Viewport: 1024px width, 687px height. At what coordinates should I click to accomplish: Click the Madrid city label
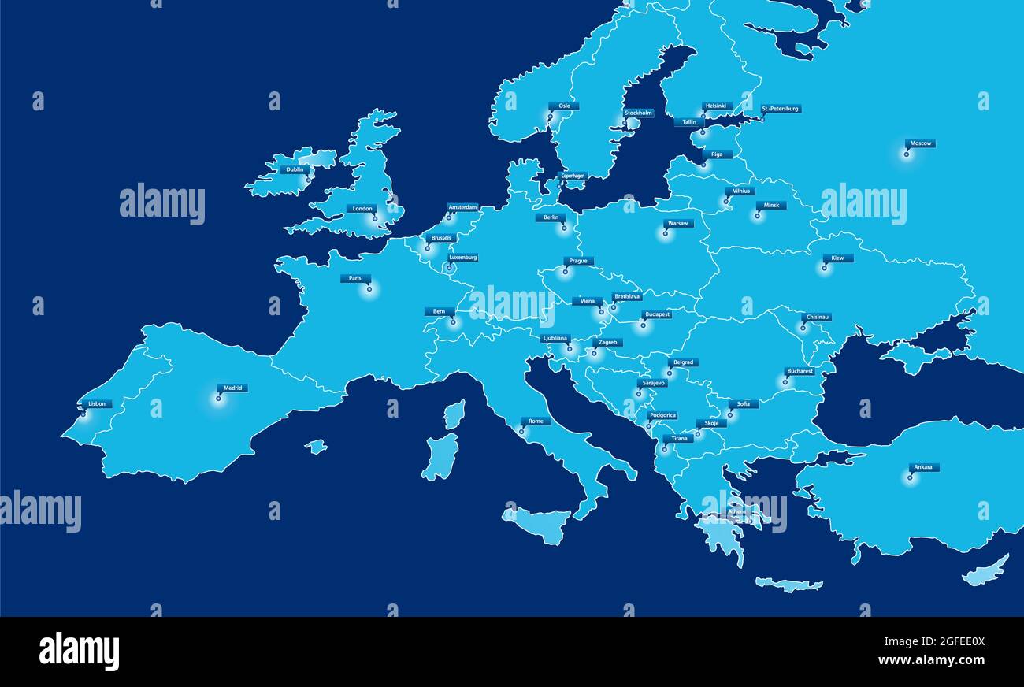233,388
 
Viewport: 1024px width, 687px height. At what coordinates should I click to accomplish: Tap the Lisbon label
97,403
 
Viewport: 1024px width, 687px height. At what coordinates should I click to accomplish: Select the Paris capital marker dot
369,289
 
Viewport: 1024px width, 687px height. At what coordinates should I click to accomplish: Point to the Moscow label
920,143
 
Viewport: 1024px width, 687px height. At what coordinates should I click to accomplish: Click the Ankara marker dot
910,477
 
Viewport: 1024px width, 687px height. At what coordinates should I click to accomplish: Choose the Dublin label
295,169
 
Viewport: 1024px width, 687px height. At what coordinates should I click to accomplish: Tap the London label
362,209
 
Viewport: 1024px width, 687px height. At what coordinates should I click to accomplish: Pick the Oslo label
564,106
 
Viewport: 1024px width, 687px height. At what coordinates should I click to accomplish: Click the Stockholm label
638,113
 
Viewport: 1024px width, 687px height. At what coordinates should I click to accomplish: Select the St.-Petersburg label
780,109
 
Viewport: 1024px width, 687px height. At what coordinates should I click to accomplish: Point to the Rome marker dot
521,431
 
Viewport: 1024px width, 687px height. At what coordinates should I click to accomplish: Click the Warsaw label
677,223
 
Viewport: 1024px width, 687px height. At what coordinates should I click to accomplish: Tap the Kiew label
837,258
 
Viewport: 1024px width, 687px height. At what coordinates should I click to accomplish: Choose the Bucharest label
800,371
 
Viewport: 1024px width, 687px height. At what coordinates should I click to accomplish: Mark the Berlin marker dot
563,228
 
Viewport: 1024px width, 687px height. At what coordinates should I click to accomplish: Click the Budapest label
657,314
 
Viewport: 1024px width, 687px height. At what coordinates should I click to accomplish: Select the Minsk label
770,205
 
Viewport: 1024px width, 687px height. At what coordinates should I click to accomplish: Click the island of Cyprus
985,570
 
